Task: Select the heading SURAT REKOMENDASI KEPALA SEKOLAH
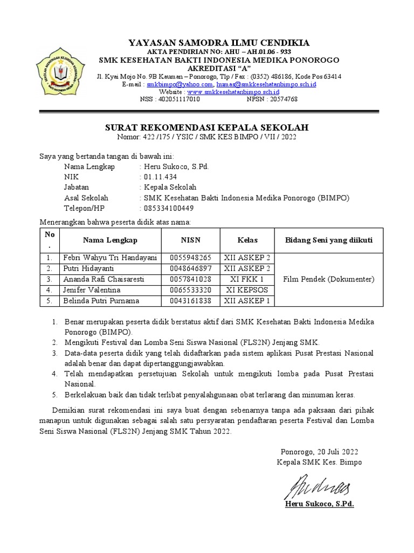pos(206,127)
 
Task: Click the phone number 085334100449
pos(167,208)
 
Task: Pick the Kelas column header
pos(247,240)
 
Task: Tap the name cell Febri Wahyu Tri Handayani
pos(110,258)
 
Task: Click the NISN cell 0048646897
pos(190,268)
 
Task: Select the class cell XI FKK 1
pos(247,279)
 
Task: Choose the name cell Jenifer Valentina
pos(92,290)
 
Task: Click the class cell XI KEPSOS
pos(247,290)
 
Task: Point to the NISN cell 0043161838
pos(190,301)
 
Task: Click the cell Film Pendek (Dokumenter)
pos(329,279)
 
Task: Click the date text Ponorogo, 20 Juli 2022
pos(319,451)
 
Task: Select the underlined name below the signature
pos(319,504)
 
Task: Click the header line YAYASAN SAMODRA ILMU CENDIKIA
pos(218,43)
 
